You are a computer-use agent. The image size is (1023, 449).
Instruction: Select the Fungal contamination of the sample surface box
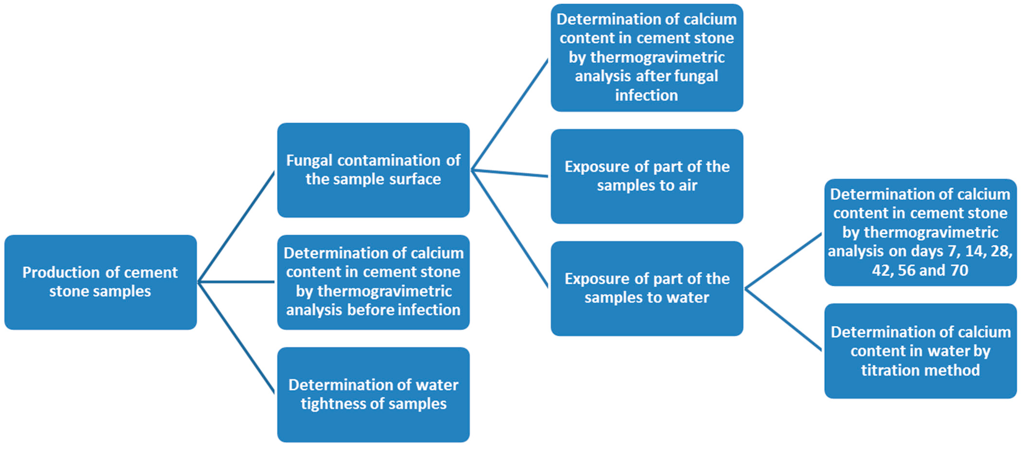pyautogui.click(x=373, y=170)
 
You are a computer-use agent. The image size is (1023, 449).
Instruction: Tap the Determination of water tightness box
pyautogui.click(x=373, y=394)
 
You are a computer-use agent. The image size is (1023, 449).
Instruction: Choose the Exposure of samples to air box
pyautogui.click(x=647, y=176)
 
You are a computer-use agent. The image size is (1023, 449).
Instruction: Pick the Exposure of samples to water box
pyautogui.click(x=647, y=288)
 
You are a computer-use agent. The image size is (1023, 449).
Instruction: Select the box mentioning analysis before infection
pyautogui.click(x=373, y=282)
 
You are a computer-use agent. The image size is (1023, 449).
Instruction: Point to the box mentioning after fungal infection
pyautogui.click(x=647, y=58)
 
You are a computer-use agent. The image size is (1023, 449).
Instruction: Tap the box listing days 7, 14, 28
pyautogui.click(x=920, y=232)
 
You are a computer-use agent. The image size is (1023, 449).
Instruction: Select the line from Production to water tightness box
pyautogui.click(x=236, y=337)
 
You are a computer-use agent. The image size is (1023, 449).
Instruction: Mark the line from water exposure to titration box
pyautogui.click(x=783, y=320)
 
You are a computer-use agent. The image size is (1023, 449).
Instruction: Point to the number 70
pyautogui.click(x=959, y=270)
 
